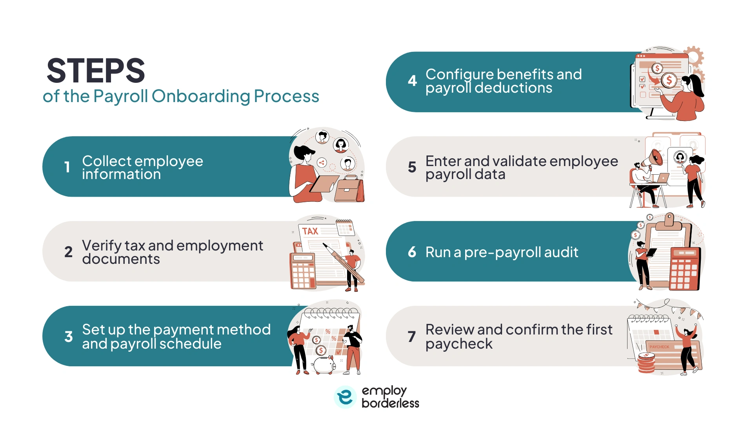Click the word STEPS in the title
[96, 71]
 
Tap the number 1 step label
[67, 167]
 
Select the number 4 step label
[412, 81]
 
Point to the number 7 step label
[411, 336]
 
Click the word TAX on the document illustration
[310, 231]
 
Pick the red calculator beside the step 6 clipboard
[684, 269]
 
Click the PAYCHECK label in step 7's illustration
[659, 347]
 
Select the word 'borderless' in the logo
[390, 403]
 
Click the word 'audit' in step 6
[561, 252]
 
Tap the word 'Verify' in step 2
[102, 246]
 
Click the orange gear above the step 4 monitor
[694, 55]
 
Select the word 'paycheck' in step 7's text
[458, 344]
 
